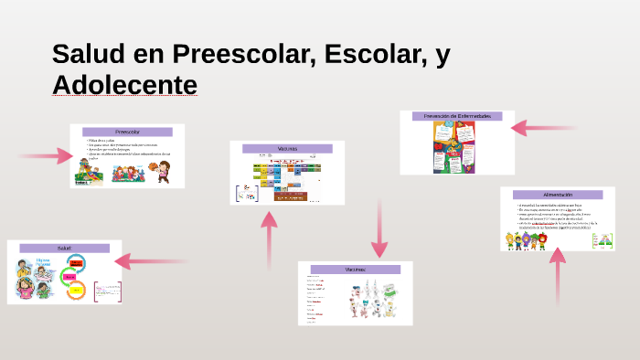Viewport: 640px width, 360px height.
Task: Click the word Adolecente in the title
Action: pyautogui.click(x=124, y=84)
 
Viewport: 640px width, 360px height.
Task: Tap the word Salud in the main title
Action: pyautogui.click(x=89, y=54)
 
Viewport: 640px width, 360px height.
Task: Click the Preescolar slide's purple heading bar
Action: pyautogui.click(x=127, y=132)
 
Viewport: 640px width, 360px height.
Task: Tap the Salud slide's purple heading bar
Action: pyautogui.click(x=64, y=248)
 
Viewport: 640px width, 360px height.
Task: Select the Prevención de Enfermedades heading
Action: pyautogui.click(x=456, y=117)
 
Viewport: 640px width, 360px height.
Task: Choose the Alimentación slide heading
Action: pyautogui.click(x=557, y=195)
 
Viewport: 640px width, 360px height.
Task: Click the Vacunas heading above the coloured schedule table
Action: pyautogui.click(x=287, y=148)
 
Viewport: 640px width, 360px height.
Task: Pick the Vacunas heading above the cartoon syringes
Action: pyautogui.click(x=355, y=270)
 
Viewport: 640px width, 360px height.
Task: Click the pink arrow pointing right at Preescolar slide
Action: pyautogui.click(x=48, y=156)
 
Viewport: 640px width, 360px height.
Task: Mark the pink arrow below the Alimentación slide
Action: pyautogui.click(x=557, y=274)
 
